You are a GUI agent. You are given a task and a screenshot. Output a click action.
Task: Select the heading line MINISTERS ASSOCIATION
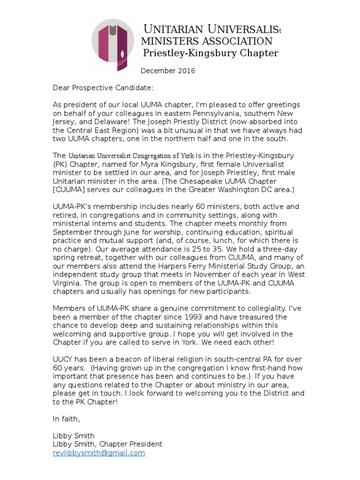pyautogui.click(x=206, y=41)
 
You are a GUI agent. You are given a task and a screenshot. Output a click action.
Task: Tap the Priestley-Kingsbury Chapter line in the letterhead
pyautogui.click(x=210, y=53)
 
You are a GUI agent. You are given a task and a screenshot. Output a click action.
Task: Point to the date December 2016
pyautogui.click(x=168, y=71)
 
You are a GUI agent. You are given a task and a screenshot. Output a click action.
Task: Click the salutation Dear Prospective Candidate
pyautogui.click(x=103, y=88)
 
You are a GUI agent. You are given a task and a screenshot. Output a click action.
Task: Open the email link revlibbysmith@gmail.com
pyautogui.click(x=98, y=453)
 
